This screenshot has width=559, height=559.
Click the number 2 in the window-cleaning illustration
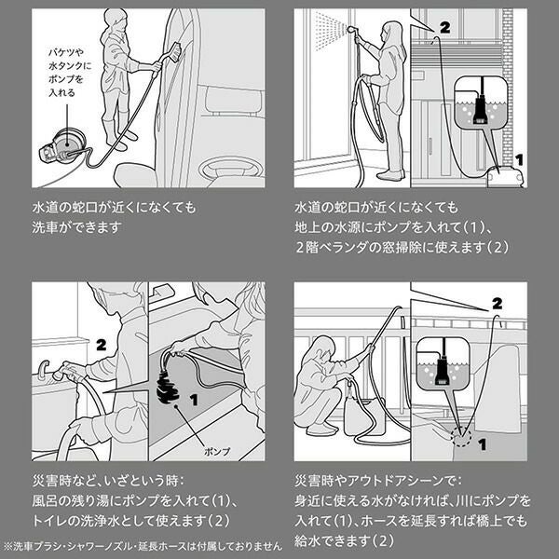click(443, 29)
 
